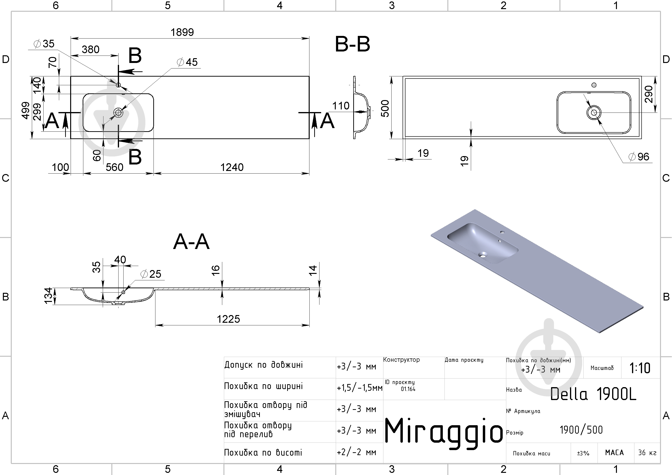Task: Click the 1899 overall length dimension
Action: click(x=182, y=32)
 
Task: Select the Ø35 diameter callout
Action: click(x=44, y=44)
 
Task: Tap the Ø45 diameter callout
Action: click(x=187, y=62)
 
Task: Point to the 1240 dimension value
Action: click(x=232, y=167)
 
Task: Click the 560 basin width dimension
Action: click(x=114, y=167)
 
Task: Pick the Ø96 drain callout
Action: click(x=639, y=157)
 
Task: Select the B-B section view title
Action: click(x=352, y=45)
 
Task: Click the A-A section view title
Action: click(x=191, y=242)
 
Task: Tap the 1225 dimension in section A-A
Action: click(x=228, y=319)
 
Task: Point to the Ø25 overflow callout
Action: click(x=151, y=274)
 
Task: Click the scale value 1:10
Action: click(x=640, y=368)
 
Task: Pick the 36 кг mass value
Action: click(x=647, y=453)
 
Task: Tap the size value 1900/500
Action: click(x=581, y=430)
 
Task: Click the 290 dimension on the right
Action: click(x=649, y=94)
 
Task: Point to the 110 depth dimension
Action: click(x=341, y=106)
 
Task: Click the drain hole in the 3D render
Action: click(x=483, y=254)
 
